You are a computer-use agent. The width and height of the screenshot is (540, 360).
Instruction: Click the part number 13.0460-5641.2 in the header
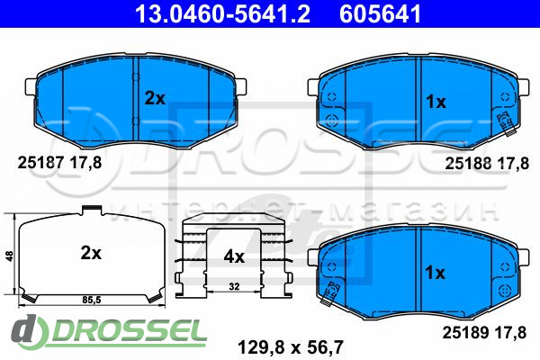tap(222, 13)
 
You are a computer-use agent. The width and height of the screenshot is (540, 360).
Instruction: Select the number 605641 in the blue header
tap(380, 13)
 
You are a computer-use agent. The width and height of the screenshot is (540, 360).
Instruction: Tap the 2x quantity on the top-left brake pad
tap(155, 99)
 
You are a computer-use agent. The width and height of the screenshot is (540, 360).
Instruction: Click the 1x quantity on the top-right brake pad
tap(436, 102)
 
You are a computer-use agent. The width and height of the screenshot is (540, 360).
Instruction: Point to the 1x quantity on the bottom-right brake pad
tap(435, 273)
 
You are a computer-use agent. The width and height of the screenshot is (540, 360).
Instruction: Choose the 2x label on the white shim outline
tap(91, 254)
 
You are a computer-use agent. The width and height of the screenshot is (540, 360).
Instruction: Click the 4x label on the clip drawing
tap(234, 256)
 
